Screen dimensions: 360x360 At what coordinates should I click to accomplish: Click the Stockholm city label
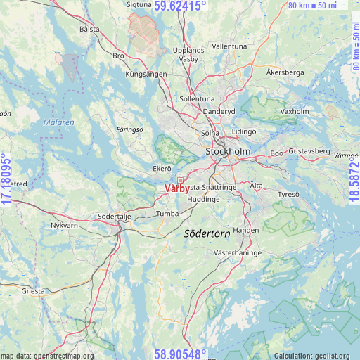coord(228,151)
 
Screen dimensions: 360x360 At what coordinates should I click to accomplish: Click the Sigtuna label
coord(138,4)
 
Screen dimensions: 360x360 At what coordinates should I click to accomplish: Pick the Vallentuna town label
coord(229,46)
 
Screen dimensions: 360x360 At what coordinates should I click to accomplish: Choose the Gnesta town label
coord(33,290)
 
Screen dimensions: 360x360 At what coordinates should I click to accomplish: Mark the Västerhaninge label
coord(238,252)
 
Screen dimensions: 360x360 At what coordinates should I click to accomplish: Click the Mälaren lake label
coord(60,122)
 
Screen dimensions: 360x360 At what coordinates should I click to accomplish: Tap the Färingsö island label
coord(129,129)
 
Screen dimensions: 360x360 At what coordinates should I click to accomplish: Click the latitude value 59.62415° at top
coord(181,6)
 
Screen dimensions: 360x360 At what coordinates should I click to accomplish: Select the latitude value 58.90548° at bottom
coord(181,354)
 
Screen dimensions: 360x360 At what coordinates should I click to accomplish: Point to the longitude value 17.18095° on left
coord(6,180)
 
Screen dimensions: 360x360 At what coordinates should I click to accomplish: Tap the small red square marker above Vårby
coord(180,180)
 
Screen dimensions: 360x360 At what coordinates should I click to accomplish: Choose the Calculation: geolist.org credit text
coord(316,356)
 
